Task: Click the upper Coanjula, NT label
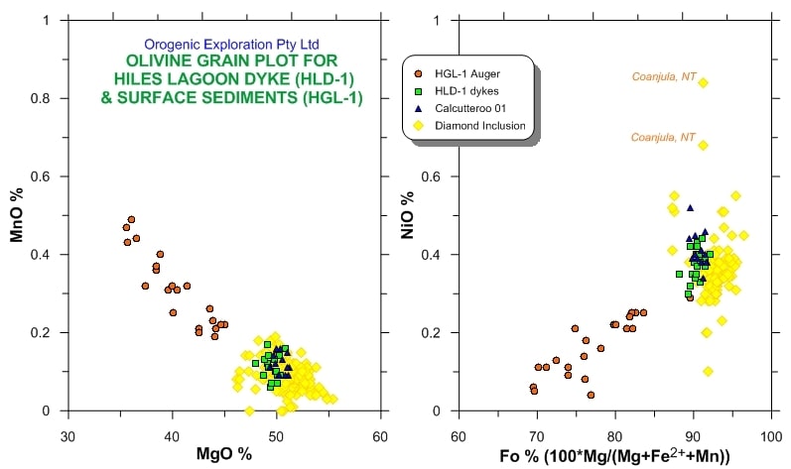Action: tap(665, 76)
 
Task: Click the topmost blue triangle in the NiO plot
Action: tap(690, 207)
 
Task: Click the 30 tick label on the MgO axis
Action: tap(68, 436)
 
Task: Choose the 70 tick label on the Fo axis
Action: tap(537, 436)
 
